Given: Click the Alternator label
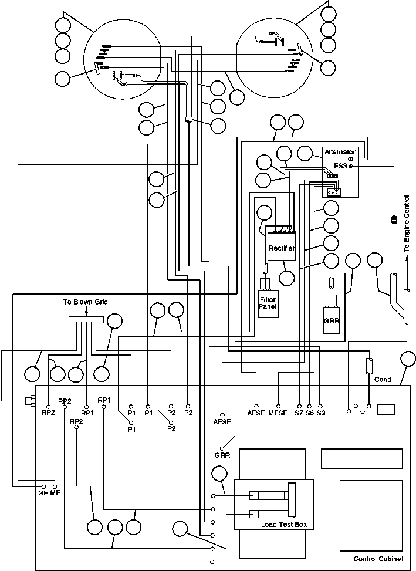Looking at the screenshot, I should (340, 152).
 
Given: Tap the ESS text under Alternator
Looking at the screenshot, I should (340, 166).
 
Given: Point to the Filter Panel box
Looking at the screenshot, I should (268, 302).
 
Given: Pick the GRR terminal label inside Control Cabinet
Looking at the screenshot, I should (222, 455).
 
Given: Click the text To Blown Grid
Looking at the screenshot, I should (86, 302).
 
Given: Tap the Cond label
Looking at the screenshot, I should (383, 380).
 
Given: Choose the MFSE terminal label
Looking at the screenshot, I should (278, 414).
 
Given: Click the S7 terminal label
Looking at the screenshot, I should (299, 414).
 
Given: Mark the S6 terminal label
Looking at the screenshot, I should (310, 414).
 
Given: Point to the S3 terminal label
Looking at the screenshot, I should (320, 414).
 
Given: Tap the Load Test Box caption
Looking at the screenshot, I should (284, 524).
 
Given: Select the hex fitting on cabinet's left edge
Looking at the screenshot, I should (28, 403).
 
